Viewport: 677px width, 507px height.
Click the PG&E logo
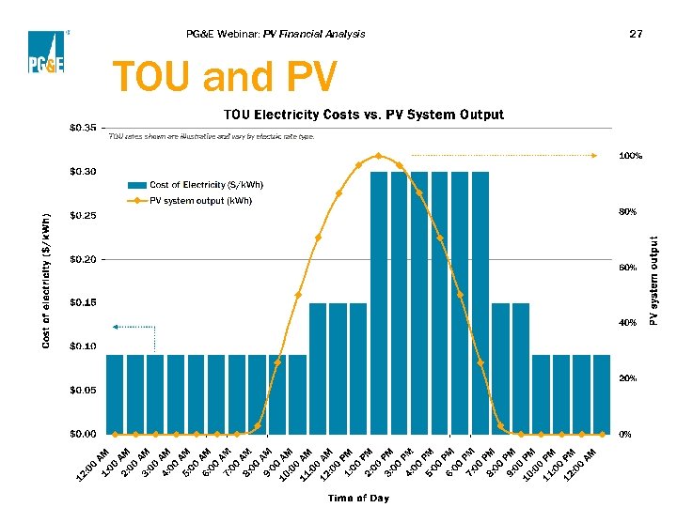click(45, 51)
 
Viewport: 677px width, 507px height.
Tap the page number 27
click(636, 34)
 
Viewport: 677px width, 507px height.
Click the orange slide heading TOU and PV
click(222, 78)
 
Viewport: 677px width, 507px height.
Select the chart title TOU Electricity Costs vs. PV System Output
click(363, 115)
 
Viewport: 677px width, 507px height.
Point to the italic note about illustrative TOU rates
click(212, 136)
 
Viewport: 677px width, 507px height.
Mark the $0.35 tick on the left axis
click(82, 127)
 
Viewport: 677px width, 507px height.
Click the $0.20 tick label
click(82, 259)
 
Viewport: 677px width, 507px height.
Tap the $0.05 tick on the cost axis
click(82, 390)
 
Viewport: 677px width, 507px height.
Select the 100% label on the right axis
click(630, 156)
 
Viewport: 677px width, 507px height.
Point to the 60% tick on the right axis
click(627, 268)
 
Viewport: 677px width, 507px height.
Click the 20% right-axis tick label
click(627, 378)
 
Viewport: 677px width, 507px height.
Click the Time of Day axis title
click(358, 498)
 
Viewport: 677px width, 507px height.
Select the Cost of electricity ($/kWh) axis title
click(46, 279)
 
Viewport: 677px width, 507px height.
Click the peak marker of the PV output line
click(378, 156)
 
